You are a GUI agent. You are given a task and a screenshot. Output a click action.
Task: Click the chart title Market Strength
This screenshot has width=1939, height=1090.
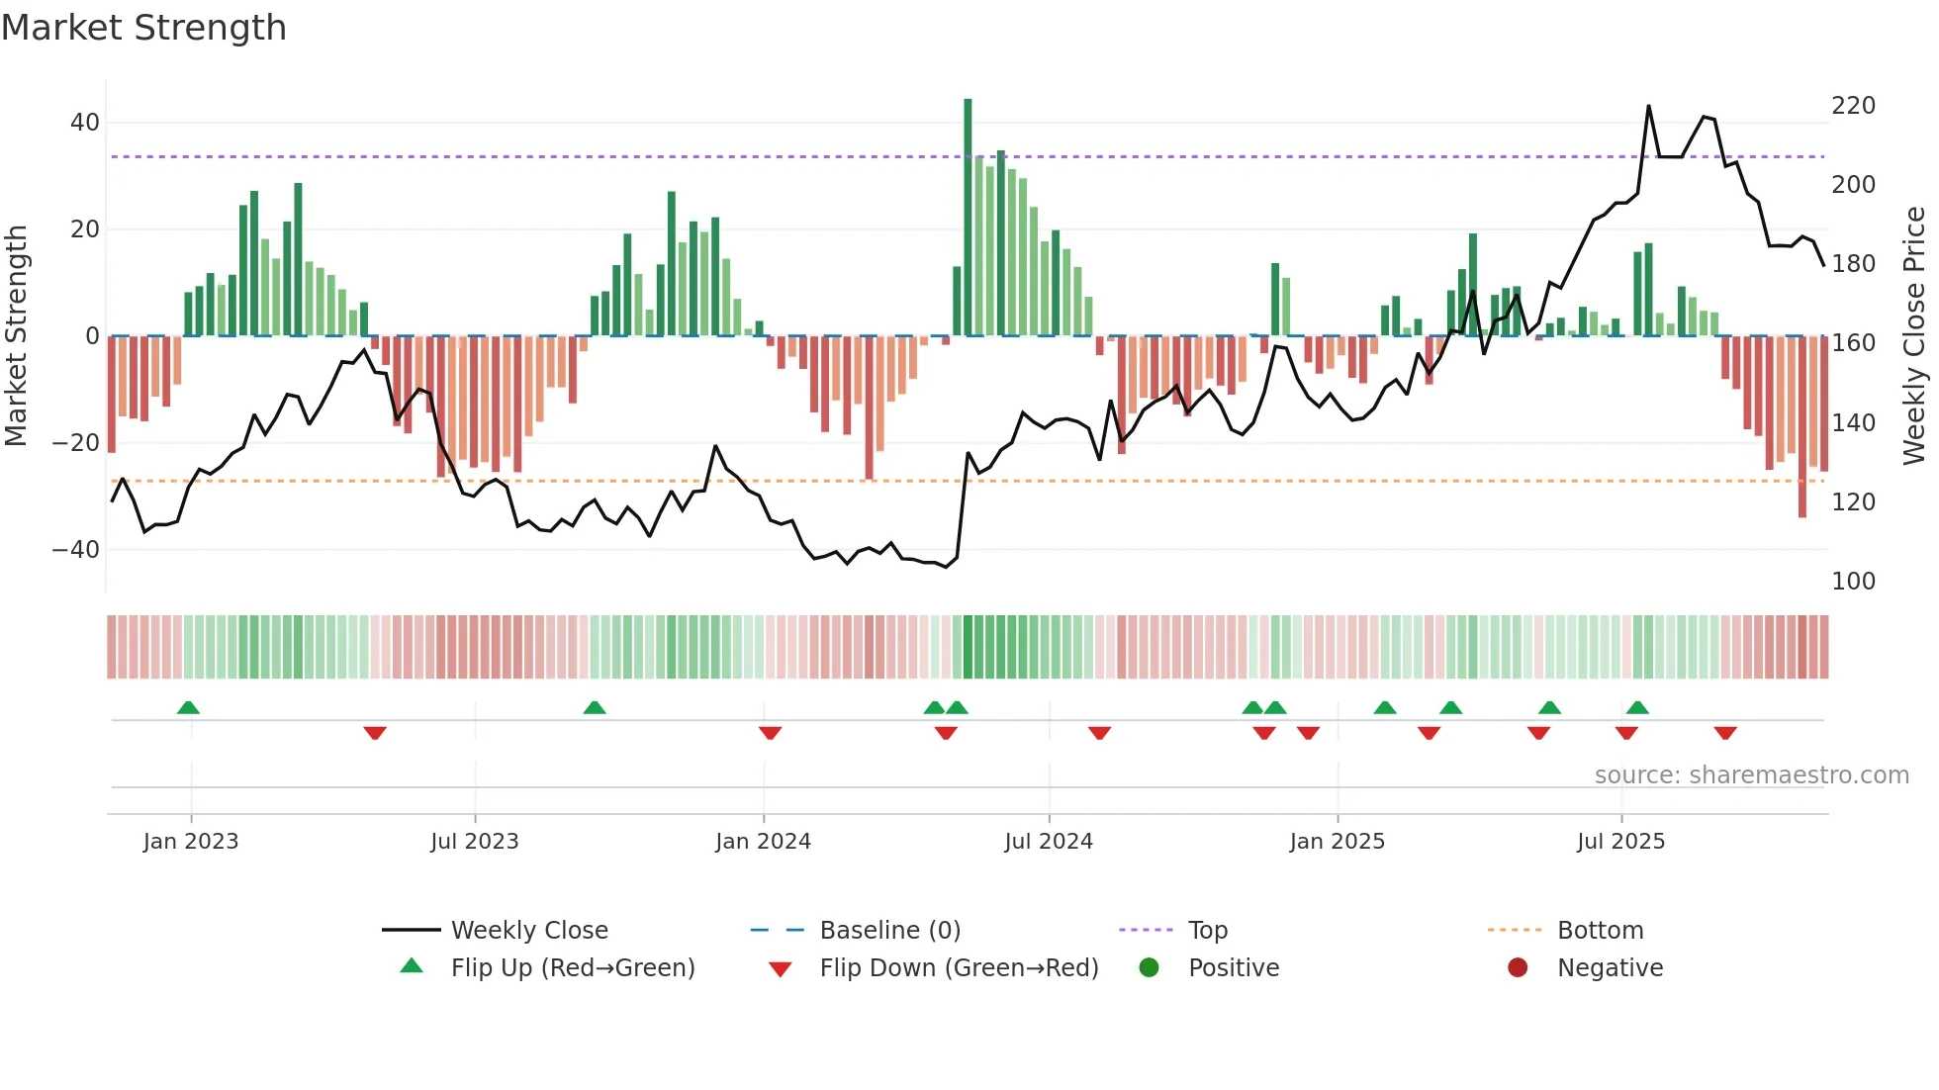click(x=143, y=28)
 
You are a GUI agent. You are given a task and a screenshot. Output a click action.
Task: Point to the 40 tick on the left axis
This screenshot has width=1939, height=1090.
click(x=84, y=123)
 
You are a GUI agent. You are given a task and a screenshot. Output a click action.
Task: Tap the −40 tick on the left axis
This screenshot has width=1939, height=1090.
click(x=76, y=549)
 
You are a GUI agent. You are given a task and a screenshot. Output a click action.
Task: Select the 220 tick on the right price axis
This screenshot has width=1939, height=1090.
click(x=1853, y=106)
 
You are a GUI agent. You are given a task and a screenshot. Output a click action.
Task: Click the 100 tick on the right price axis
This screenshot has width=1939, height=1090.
click(x=1853, y=582)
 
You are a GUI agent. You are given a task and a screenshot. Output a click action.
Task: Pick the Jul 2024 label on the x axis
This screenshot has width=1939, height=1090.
click(x=1048, y=842)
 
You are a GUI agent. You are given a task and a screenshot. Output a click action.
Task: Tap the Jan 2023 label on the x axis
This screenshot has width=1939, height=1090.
click(x=191, y=842)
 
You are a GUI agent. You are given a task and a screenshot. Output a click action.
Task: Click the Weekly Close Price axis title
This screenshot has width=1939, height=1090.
click(x=1914, y=336)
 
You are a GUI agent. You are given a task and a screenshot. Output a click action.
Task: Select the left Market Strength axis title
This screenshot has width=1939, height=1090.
click(x=17, y=336)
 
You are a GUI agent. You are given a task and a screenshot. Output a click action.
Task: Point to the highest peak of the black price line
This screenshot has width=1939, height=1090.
click(x=1648, y=107)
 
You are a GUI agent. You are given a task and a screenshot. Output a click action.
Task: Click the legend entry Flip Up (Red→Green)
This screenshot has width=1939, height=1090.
click(x=572, y=967)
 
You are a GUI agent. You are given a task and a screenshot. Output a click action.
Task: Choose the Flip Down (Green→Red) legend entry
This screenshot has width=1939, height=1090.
click(x=958, y=967)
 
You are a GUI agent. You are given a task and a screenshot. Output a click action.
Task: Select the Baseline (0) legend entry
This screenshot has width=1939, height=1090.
click(x=889, y=931)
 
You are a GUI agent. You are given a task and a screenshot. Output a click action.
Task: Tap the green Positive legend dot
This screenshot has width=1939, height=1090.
click(x=1149, y=967)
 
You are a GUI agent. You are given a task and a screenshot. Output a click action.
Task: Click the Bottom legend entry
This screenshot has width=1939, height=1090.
click(x=1600, y=931)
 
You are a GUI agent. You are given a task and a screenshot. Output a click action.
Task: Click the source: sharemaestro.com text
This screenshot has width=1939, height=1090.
click(x=1751, y=775)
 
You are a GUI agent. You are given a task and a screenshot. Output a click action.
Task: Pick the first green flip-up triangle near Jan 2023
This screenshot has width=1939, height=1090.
click(x=188, y=707)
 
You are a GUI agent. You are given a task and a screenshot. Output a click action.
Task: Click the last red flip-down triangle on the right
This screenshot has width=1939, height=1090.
click(x=1725, y=733)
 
